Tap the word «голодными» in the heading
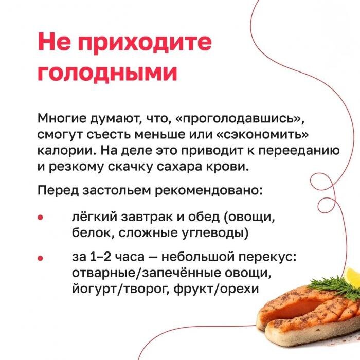click(x=107, y=73)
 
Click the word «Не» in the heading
click(x=53, y=42)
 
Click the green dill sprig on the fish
click(x=329, y=285)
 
